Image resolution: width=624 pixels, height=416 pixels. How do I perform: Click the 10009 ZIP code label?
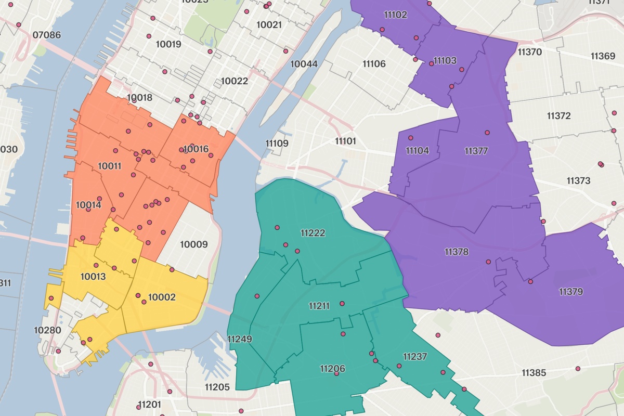193,244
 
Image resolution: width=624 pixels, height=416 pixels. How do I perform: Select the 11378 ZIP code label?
457,252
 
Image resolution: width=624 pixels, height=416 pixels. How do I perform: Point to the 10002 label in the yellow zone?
162,297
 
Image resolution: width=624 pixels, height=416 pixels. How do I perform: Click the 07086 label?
46,35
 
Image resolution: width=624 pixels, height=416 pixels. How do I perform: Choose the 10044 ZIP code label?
304,64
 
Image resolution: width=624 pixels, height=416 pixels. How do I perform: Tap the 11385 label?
534,373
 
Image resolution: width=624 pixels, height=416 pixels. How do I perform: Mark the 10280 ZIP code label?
47,330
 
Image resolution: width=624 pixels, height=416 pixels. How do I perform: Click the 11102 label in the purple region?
395,15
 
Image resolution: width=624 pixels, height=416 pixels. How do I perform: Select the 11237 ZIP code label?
415,357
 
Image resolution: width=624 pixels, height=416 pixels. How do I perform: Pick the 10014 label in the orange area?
88,205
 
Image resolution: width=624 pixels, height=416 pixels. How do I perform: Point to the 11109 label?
277,144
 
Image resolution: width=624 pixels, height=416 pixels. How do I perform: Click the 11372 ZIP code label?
558,116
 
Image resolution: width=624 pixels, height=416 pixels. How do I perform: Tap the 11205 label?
217,387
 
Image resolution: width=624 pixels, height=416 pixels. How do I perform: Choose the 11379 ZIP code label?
571,292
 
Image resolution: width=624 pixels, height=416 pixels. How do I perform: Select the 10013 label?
93,277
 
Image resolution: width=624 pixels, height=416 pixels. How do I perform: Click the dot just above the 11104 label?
411,138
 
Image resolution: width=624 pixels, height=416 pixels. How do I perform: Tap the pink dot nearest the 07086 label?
19,24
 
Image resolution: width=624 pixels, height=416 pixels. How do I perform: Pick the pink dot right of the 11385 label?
578,369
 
